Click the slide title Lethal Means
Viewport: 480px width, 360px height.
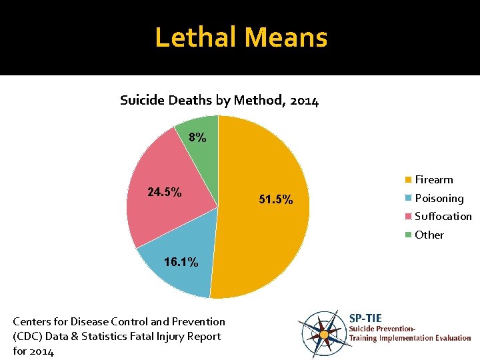click(x=241, y=37)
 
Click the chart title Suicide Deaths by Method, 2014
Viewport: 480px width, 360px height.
click(x=219, y=101)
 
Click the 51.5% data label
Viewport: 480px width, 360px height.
click(x=275, y=200)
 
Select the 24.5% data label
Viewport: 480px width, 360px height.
click(x=164, y=192)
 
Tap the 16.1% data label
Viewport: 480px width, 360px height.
click(x=181, y=262)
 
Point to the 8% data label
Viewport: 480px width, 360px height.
click(x=197, y=138)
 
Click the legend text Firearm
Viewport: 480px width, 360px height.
click(x=433, y=180)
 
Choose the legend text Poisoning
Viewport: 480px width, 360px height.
click(x=439, y=198)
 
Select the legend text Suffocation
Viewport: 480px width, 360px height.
click(x=443, y=216)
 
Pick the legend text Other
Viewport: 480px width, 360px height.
click(x=429, y=235)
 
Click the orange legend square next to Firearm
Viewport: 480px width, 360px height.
click(x=408, y=180)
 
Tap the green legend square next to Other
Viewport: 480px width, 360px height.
click(x=408, y=235)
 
